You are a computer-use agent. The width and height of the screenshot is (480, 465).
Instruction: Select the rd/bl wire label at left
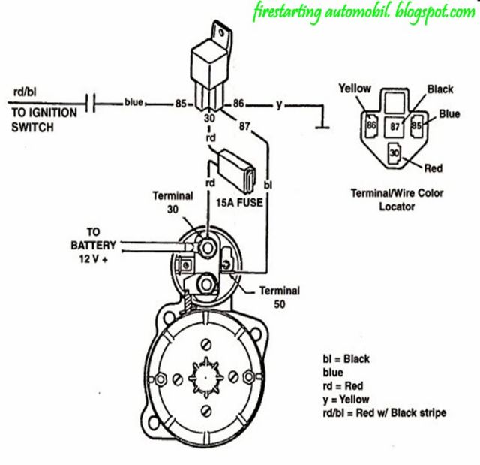(x=24, y=92)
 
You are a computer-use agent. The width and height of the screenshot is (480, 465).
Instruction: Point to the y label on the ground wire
(x=278, y=104)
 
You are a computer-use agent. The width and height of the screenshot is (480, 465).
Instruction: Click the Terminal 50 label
(x=279, y=297)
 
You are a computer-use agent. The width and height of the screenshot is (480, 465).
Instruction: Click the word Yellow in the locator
(x=355, y=89)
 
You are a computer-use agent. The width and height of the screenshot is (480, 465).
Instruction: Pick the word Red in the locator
(x=433, y=168)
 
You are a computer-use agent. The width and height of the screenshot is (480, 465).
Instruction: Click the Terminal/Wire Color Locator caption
(x=397, y=199)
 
